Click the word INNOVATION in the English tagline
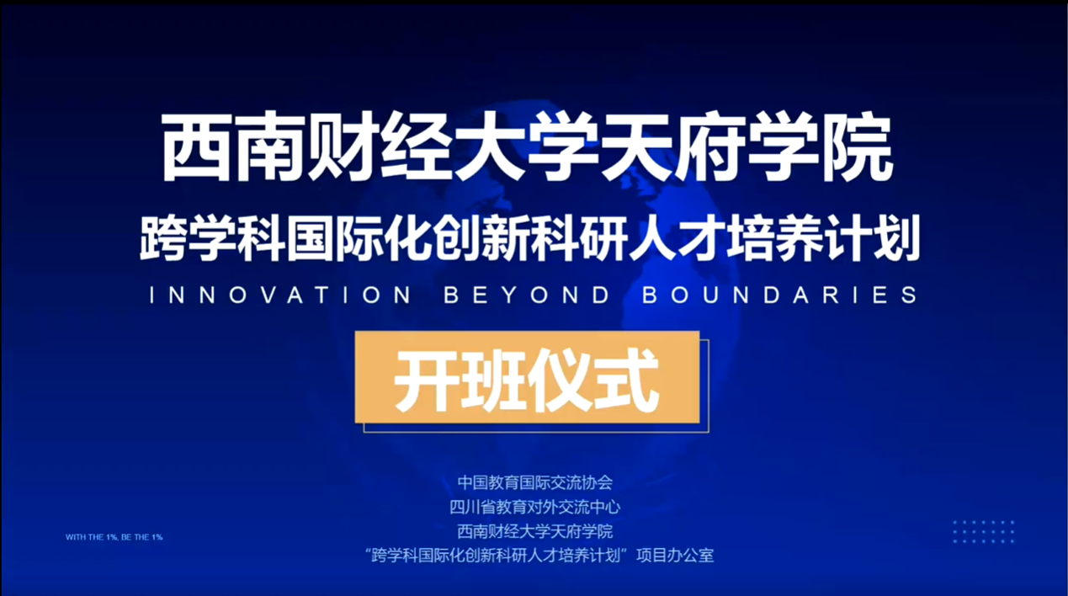[x=280, y=295]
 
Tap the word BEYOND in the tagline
[x=527, y=295]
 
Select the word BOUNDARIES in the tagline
[x=780, y=295]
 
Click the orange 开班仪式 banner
[x=527, y=377]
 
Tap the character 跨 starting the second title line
[x=162, y=238]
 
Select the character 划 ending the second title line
[x=896, y=238]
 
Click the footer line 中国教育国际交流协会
[x=535, y=482]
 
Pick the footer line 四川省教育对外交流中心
[x=535, y=507]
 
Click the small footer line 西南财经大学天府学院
[x=535, y=531]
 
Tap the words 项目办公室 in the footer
[x=675, y=556]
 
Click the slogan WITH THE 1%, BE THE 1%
[x=114, y=537]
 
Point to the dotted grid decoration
[x=983, y=532]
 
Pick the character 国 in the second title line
[x=309, y=238]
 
